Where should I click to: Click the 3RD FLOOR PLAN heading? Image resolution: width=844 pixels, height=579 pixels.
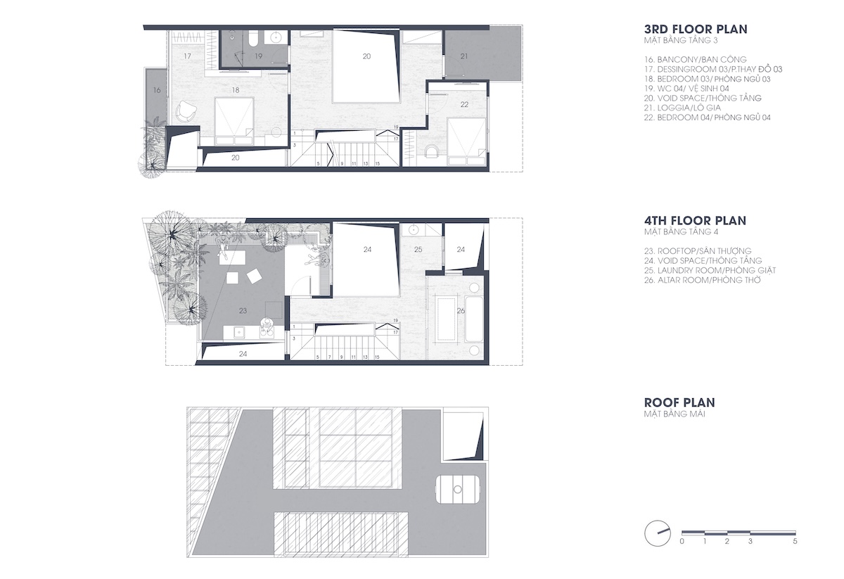click(x=696, y=30)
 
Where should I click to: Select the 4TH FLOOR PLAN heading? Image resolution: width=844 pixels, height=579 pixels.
click(x=695, y=220)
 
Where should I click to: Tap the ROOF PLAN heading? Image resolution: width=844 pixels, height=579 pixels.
click(x=679, y=402)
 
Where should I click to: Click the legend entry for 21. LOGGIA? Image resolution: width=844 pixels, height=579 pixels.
click(x=682, y=108)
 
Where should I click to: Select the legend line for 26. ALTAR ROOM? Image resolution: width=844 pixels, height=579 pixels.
click(x=703, y=280)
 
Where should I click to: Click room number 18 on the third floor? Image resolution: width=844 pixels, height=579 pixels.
click(x=236, y=90)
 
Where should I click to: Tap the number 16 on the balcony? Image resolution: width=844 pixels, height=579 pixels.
click(x=157, y=90)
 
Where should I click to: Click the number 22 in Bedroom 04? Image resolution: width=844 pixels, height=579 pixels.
click(x=464, y=104)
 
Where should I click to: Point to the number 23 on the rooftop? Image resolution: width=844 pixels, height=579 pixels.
click(x=243, y=311)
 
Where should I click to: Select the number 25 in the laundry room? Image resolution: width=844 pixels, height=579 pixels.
click(x=418, y=249)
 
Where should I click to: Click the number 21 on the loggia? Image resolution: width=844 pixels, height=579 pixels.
click(x=463, y=56)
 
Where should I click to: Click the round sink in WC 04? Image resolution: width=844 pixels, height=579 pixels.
click(x=276, y=37)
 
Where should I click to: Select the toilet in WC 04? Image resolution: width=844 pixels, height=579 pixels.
click(x=252, y=39)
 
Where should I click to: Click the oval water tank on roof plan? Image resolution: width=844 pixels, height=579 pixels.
click(x=457, y=489)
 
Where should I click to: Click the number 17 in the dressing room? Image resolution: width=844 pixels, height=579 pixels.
click(x=187, y=56)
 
